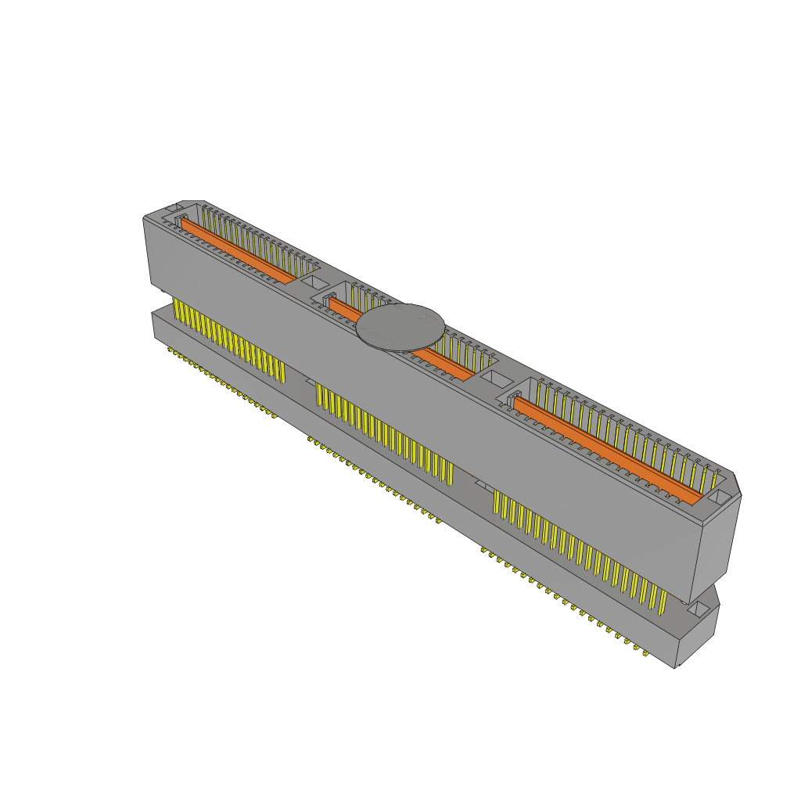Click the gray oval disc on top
pyautogui.click(x=400, y=327)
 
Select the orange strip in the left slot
pyautogui.click(x=239, y=251)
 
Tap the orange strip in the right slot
pyautogui.click(x=606, y=447)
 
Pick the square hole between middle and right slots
pyautogui.click(x=494, y=379)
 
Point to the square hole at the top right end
pyautogui.click(x=719, y=497)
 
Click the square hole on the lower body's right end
pyautogui.click(x=697, y=611)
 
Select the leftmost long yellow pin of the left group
pyautogui.click(x=174, y=310)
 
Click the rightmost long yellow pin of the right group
pyautogui.click(x=663, y=601)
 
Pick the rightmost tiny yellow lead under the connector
pyautogui.click(x=646, y=652)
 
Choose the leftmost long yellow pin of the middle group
pyautogui.click(x=318, y=395)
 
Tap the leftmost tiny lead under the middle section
pyautogui.click(x=311, y=440)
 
